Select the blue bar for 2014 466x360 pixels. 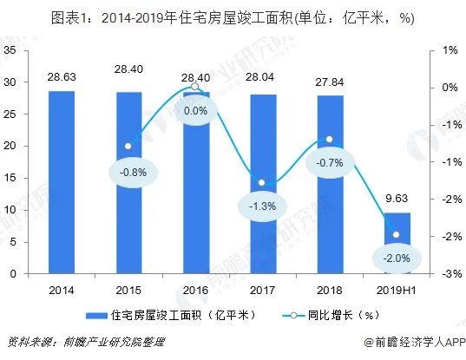pyautogui.click(x=62, y=182)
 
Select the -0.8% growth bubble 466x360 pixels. pyautogui.click(x=128, y=171)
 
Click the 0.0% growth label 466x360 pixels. pyautogui.click(x=196, y=111)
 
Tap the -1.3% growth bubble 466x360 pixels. pyautogui.click(x=263, y=206)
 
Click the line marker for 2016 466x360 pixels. pyautogui.click(x=196, y=88)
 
